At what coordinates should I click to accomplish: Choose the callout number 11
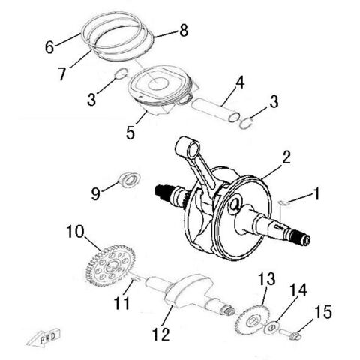(x=122, y=304)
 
